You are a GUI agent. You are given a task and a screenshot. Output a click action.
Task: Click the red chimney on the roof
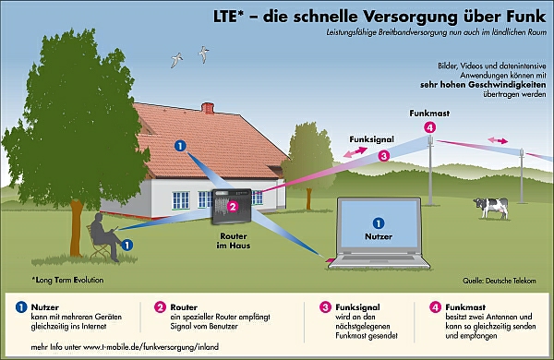(208, 108)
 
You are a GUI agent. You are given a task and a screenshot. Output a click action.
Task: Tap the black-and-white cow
(491, 208)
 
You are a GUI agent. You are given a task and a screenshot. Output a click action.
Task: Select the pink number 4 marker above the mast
(429, 127)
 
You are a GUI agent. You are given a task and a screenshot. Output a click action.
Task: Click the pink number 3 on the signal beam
(384, 155)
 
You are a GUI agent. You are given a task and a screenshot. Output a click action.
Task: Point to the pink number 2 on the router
(233, 207)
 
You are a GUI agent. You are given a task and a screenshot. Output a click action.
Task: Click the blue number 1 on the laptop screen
(379, 223)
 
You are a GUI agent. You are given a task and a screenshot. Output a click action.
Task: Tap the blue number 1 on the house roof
(180, 146)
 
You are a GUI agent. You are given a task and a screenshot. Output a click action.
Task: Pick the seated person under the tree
(105, 236)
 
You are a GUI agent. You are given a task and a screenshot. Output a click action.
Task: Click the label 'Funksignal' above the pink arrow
(371, 139)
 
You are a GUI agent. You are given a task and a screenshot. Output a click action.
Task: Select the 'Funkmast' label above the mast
(429, 114)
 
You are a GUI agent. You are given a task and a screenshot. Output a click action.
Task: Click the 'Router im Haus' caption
(234, 241)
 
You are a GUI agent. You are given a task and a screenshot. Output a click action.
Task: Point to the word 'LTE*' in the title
(229, 17)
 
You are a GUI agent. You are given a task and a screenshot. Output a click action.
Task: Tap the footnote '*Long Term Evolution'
(67, 281)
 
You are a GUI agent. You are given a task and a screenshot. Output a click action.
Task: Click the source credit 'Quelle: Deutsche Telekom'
(500, 281)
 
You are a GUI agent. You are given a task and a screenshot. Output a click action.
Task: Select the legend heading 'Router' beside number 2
(184, 307)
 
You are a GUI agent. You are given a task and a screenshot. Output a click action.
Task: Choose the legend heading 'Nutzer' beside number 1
(45, 307)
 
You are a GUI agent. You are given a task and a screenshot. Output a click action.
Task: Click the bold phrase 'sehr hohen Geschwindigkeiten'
(483, 85)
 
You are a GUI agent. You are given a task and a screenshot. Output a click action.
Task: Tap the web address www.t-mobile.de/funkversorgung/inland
(151, 347)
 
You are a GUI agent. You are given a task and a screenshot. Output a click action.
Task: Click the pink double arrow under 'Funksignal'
(355, 152)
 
